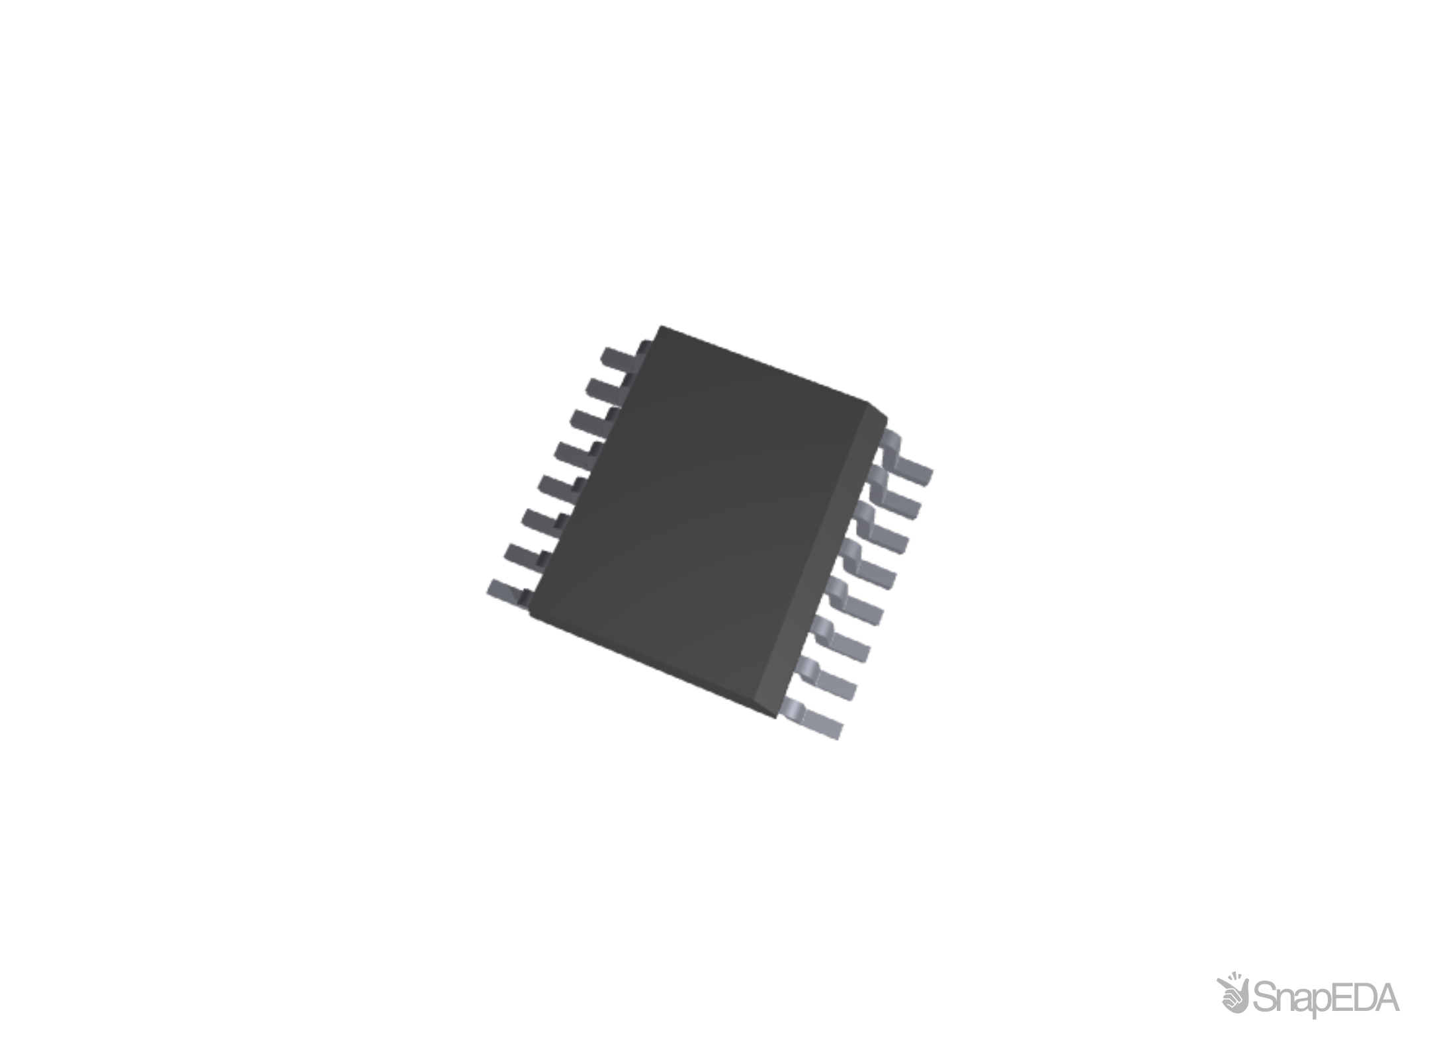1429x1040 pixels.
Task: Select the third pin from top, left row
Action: pyautogui.click(x=586, y=421)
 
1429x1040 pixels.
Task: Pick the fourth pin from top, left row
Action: pyautogui.click(x=570, y=453)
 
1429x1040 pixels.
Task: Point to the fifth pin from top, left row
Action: pyautogui.click(x=554, y=486)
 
